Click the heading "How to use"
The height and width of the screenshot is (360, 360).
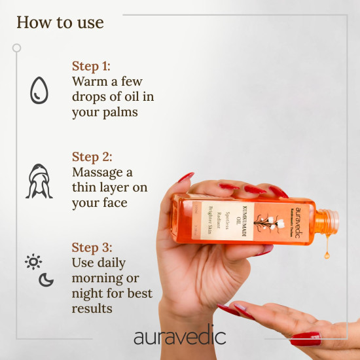pos(60,22)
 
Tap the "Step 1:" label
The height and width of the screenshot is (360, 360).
pos(92,67)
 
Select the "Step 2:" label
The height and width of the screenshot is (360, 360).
pos(92,156)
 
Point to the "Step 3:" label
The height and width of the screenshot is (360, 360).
pos(92,247)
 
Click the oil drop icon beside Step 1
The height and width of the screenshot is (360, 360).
pos(39,90)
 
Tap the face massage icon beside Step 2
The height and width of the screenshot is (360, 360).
pos(39,181)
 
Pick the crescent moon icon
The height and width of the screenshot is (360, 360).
pos(46,279)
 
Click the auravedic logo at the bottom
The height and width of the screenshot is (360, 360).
pos(179,337)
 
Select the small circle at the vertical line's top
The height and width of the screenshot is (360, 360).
pos(16,48)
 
